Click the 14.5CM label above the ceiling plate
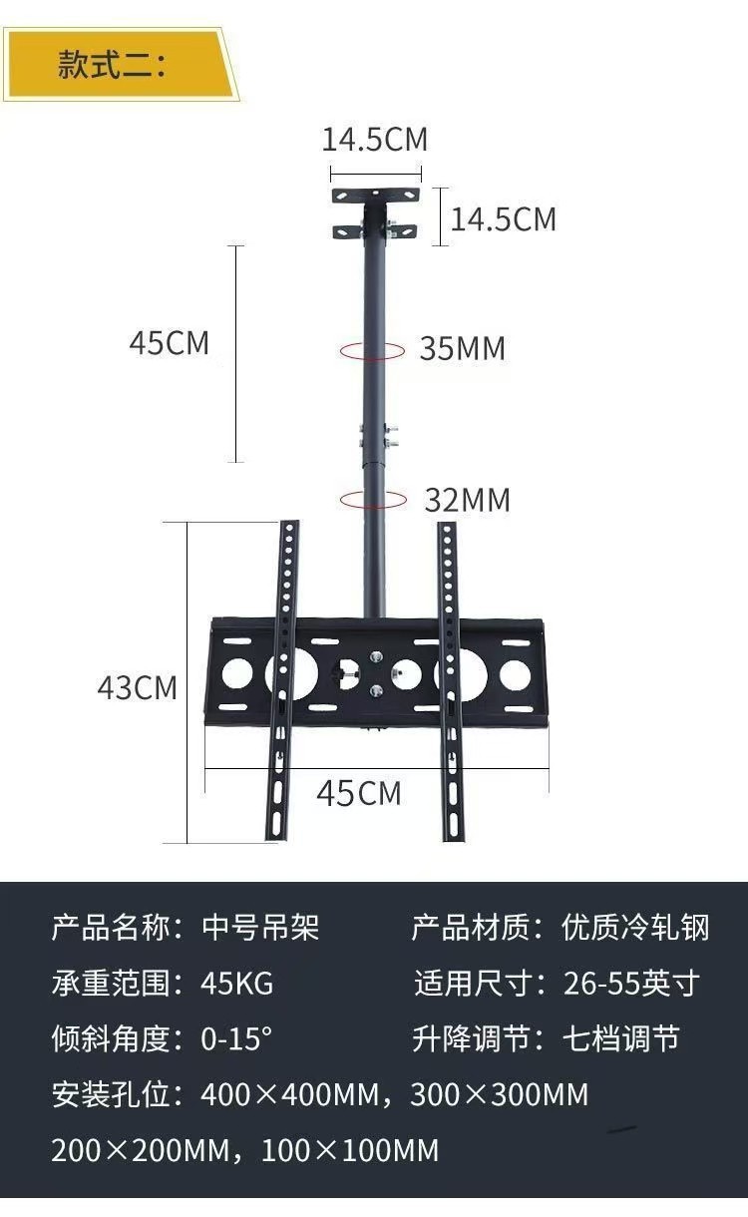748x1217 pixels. click(374, 140)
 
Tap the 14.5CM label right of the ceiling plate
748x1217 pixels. click(503, 218)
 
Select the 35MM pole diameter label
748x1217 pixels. click(462, 349)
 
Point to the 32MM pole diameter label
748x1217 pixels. click(467, 500)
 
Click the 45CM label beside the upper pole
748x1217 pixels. click(170, 343)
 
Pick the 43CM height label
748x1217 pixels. click(138, 688)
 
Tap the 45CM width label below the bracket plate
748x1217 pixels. click(359, 793)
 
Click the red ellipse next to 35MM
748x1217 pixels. click(371, 350)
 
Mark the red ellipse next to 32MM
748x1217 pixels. click(371, 500)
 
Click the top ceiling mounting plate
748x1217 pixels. click(375, 196)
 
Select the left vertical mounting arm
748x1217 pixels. click(282, 678)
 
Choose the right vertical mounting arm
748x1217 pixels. click(452, 678)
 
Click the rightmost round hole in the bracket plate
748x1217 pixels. click(515, 674)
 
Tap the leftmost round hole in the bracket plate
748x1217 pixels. click(236, 673)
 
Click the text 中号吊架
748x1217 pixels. click(260, 927)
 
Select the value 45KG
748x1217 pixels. click(236, 984)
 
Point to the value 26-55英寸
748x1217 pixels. click(631, 984)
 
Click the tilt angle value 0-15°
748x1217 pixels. click(235, 1038)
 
